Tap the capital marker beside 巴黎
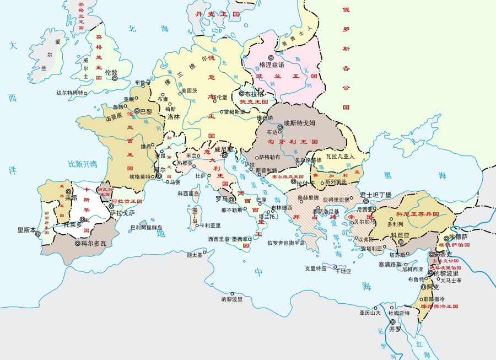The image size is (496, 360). point(137,111)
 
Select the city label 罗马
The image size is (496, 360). point(222,198)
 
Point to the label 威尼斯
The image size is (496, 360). point(223,149)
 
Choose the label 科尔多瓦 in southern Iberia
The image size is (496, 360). point(93,243)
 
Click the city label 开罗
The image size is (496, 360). point(395,329)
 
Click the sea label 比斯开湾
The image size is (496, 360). point(83,164)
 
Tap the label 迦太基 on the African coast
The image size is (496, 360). point(195,255)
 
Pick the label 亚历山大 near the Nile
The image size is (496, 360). point(370,313)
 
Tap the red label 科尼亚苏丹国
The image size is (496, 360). point(417,213)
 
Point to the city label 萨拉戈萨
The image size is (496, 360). point(122,212)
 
